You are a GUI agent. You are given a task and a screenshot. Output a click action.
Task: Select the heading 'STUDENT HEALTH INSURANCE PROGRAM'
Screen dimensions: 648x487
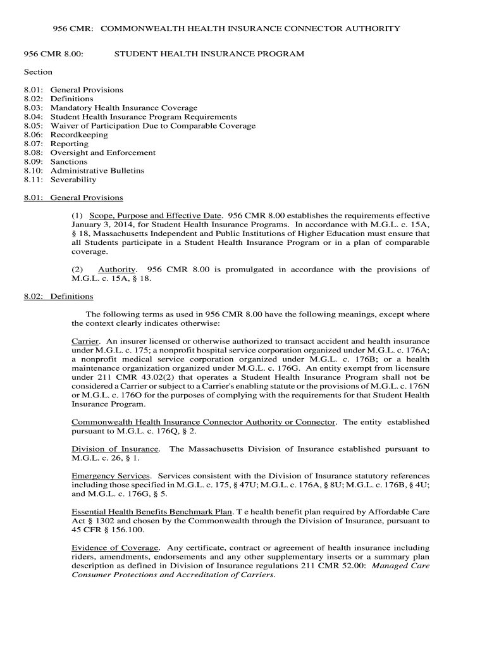(209, 54)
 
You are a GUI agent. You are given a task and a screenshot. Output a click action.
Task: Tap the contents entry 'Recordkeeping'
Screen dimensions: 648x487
(79, 135)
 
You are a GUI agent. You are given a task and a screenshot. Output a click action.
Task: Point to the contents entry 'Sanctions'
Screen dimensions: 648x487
(69, 161)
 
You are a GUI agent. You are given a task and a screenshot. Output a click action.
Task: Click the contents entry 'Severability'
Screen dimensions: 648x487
(73, 180)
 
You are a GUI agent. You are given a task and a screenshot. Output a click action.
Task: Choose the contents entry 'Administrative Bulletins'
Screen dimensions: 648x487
(97, 171)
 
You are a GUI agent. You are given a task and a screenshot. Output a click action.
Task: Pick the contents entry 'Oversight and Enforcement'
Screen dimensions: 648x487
(103, 153)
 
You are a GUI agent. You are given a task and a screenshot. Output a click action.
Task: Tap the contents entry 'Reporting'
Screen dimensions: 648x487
(70, 144)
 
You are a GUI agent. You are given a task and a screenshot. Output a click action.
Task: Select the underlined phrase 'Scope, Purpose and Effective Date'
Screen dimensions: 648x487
(156, 215)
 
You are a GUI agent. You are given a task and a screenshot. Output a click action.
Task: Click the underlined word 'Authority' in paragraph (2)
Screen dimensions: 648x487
(116, 270)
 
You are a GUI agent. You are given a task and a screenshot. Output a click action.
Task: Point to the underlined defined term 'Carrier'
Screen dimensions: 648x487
(85, 341)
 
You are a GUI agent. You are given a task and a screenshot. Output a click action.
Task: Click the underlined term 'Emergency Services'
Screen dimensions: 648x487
(111, 476)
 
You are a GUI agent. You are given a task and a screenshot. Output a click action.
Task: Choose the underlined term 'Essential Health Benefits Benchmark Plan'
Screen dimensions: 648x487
(152, 512)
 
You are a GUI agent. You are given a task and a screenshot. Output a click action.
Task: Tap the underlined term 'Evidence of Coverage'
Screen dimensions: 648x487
(114, 547)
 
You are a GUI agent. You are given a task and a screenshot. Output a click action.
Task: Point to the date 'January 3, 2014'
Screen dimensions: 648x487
(100, 224)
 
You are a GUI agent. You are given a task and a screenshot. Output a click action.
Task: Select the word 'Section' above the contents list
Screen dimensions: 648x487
(38, 72)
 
